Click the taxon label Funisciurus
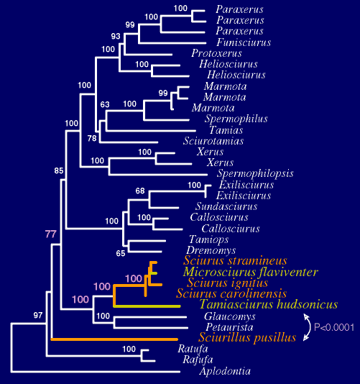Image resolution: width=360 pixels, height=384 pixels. click(x=244, y=42)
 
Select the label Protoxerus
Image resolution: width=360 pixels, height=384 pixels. click(x=216, y=53)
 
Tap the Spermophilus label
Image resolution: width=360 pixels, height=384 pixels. click(x=236, y=119)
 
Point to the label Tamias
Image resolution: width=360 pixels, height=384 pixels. click(x=226, y=129)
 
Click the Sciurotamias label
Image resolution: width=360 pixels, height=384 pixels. click(x=213, y=141)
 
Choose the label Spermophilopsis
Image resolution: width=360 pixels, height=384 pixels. click(x=255, y=173)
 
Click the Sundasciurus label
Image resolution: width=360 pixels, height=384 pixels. click(x=226, y=206)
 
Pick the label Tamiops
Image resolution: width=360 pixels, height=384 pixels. click(x=209, y=239)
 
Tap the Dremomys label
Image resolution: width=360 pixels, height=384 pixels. click(x=211, y=250)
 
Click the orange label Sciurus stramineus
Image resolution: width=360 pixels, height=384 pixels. click(x=235, y=260)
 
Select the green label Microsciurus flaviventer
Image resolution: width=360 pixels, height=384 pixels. click(x=251, y=272)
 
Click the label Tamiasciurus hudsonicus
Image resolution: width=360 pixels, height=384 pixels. click(x=269, y=304)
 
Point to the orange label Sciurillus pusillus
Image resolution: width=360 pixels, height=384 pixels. click(x=247, y=337)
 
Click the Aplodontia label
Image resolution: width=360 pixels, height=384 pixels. click(x=225, y=371)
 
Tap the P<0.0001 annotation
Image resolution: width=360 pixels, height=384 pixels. click(x=334, y=327)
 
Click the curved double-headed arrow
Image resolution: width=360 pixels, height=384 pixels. click(x=310, y=327)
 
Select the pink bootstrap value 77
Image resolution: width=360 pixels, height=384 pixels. click(x=51, y=234)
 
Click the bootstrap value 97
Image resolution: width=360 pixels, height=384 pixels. click(x=38, y=315)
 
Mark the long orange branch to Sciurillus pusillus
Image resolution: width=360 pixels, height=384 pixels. click(x=114, y=339)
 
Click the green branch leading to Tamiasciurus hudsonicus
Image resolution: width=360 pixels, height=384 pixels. click(x=147, y=306)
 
